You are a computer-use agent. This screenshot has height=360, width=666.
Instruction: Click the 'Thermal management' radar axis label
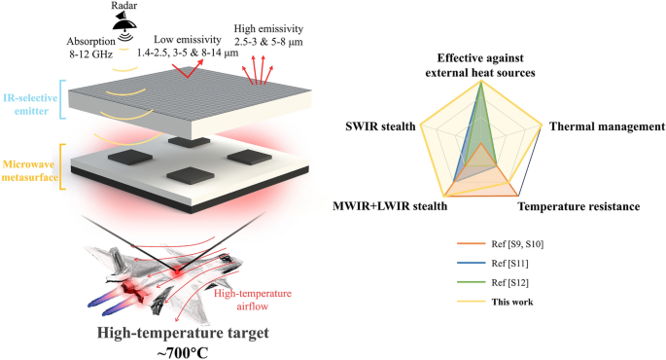tap(606, 126)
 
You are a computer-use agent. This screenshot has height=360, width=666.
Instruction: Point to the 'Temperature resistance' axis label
tap(578, 206)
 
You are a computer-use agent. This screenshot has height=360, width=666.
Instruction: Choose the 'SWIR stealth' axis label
tap(380, 126)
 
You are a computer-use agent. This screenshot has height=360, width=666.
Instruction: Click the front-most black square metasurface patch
tap(184, 175)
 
